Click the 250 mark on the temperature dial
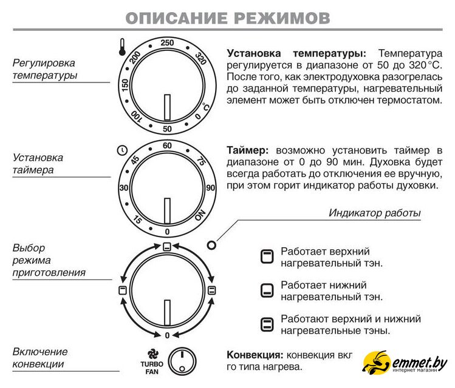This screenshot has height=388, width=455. [x=167, y=42]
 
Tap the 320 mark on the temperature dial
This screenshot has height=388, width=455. [x=200, y=59]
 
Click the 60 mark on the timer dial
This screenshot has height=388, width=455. [x=167, y=145]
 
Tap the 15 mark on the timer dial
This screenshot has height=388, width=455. [x=137, y=220]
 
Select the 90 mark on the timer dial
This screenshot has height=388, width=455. [x=210, y=188]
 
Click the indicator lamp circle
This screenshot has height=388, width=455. [x=211, y=246]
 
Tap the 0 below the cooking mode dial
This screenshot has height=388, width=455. [x=167, y=335]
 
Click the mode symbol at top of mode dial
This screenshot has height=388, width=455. [x=167, y=246]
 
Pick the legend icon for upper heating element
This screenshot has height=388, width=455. [x=265, y=256]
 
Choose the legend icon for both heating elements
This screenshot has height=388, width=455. [x=265, y=324]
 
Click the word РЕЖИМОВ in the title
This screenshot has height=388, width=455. [x=279, y=18]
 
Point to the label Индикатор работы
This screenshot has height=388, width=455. [x=375, y=213]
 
